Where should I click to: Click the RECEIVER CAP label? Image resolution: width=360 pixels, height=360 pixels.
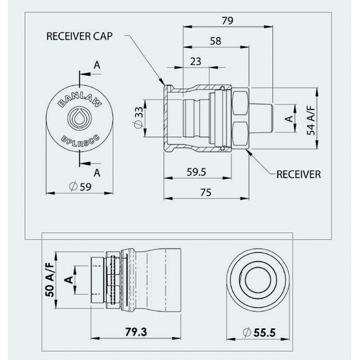pyautogui.click(x=79, y=36)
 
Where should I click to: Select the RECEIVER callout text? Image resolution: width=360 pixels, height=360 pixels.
pyautogui.click(x=298, y=174)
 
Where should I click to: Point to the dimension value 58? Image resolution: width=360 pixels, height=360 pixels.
pyautogui.click(x=216, y=41)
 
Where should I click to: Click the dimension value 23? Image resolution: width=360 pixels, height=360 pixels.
pyautogui.click(x=195, y=62)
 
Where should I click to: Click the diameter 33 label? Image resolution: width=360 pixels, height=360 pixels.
pyautogui.click(x=139, y=118)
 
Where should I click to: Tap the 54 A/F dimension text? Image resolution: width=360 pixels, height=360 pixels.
pyautogui.click(x=310, y=118)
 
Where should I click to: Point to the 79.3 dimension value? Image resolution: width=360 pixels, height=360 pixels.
pyautogui.click(x=136, y=333)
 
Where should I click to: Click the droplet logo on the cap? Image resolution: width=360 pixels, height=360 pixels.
pyautogui.click(x=80, y=118)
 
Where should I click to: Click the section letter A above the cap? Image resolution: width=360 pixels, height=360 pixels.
pyautogui.click(x=96, y=65)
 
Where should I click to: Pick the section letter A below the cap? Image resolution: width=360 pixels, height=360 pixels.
pyautogui.click(x=96, y=172)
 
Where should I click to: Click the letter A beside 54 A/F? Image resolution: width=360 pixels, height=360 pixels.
pyautogui.click(x=290, y=119)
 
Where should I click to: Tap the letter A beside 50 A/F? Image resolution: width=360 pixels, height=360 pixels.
pyautogui.click(x=68, y=279)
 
